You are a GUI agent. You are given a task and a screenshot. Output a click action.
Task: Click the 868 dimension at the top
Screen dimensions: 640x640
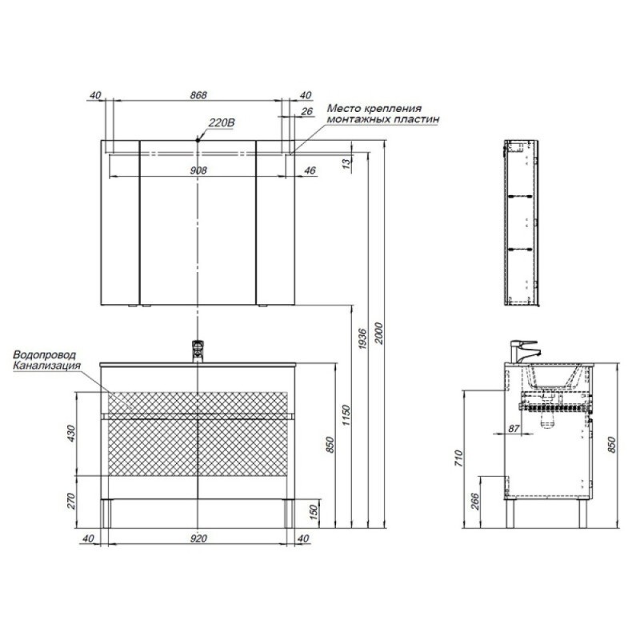198,95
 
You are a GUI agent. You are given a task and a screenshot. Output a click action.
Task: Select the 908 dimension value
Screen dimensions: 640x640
198,170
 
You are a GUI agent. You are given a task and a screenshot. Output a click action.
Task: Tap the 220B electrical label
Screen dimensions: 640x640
222,122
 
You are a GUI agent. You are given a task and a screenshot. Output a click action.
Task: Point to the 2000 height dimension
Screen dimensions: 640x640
378,334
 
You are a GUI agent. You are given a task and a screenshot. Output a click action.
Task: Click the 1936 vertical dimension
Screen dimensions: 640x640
362,338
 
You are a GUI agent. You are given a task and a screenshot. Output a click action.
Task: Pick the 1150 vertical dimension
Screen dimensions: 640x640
346,415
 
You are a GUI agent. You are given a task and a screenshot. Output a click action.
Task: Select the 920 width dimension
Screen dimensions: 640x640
198,538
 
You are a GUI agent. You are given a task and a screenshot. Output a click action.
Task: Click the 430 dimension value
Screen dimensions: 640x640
71,434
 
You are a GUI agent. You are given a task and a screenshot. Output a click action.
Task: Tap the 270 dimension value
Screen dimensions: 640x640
71,502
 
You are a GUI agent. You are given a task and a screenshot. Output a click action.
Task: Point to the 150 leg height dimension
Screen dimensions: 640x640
314,513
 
